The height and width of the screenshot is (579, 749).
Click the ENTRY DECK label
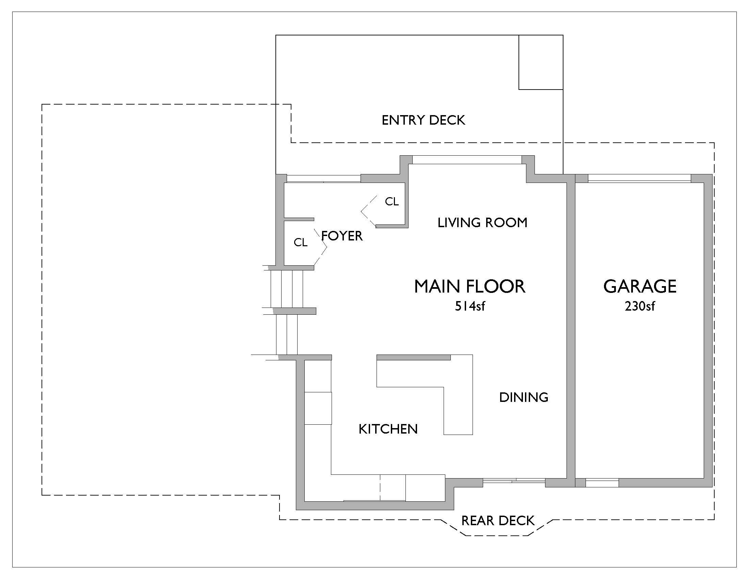tap(423, 120)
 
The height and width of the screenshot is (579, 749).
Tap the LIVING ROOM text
tap(482, 223)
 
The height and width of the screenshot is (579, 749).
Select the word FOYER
tap(342, 236)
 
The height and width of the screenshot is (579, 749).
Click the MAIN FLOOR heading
tap(469, 286)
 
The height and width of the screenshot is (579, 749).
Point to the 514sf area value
tap(470, 306)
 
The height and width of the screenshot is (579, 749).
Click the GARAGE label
tap(640, 286)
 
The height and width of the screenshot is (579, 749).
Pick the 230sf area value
tap(640, 306)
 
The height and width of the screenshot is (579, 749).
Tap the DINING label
tap(524, 397)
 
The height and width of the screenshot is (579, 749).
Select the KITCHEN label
tap(388, 429)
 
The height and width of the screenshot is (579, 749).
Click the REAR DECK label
tap(498, 521)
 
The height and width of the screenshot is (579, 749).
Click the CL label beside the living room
tap(392, 202)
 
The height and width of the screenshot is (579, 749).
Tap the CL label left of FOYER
tap(301, 243)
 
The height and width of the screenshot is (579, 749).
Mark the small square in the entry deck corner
tap(541, 62)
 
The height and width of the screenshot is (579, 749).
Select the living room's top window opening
tap(467, 159)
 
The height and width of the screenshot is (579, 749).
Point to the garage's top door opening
tap(639, 178)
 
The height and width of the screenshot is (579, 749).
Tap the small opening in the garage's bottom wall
tap(602, 483)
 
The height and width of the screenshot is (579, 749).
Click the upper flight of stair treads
tap(287, 289)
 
